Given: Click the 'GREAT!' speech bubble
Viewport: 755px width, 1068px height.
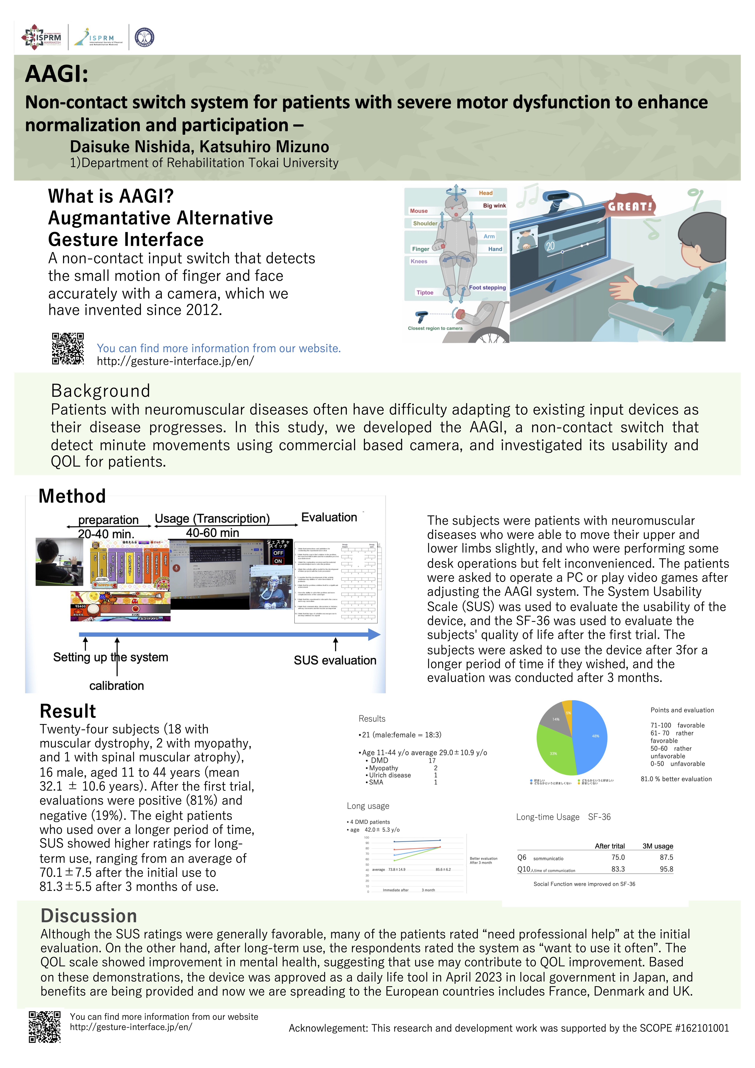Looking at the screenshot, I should tap(630, 206).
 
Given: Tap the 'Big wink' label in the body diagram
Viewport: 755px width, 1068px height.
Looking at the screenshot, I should tap(494, 206).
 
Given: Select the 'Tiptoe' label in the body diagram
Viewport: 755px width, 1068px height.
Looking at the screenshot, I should tap(425, 293).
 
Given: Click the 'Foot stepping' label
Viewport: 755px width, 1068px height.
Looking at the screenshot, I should tap(487, 288).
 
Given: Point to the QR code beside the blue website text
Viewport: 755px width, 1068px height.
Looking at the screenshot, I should tap(68, 348).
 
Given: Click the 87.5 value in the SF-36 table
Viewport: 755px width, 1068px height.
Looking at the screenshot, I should tap(666, 857).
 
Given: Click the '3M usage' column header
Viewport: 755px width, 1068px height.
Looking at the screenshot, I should tap(657, 846).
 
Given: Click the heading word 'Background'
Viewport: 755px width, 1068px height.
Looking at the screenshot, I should tap(100, 391).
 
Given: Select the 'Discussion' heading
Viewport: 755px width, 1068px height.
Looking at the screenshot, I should tap(89, 916).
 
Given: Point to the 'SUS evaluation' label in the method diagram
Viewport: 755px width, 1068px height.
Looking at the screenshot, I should tap(335, 661).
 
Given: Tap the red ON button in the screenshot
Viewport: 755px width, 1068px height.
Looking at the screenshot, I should tap(278, 561).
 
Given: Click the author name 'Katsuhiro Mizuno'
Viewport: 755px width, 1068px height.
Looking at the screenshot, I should tap(264, 147).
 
